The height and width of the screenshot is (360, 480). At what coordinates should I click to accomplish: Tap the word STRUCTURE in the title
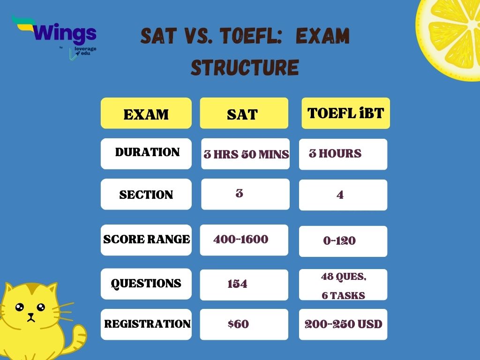pos(244,67)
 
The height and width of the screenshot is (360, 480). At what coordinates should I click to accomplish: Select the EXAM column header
pos(146,113)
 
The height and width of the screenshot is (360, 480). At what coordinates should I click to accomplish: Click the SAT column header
pos(244,113)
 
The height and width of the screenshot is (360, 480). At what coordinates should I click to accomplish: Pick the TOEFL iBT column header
pos(345,113)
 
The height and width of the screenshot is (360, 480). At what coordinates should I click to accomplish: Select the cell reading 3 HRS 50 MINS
pos(246,154)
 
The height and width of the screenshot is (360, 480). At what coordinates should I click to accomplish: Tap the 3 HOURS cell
pos(343,154)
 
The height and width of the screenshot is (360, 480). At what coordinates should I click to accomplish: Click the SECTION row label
pos(146,195)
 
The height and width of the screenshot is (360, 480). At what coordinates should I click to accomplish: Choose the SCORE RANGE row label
pos(146,240)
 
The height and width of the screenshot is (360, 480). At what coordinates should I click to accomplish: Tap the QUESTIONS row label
pos(146,284)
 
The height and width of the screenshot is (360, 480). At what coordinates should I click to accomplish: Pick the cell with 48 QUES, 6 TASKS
pos(343,285)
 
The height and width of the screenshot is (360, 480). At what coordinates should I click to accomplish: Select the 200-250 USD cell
pos(343,324)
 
